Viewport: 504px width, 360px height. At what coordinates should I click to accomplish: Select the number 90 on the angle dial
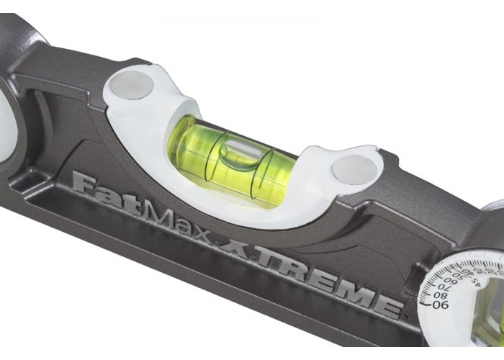click(x=440, y=305)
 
